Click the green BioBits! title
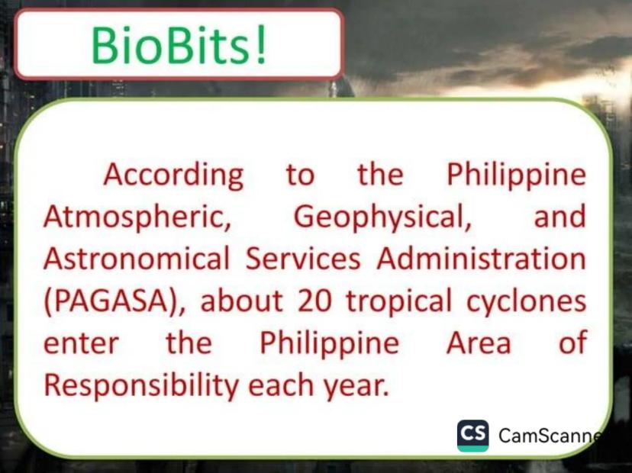click(x=179, y=43)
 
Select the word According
click(x=174, y=175)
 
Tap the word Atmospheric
click(x=137, y=218)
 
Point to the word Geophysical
click(x=382, y=218)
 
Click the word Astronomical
click(x=137, y=259)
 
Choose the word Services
click(x=303, y=259)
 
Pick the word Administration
click(x=482, y=259)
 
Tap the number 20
click(x=314, y=301)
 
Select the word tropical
click(x=399, y=302)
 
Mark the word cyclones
click(x=527, y=302)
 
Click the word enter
click(x=81, y=343)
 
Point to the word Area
click(x=479, y=343)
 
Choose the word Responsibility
click(x=141, y=385)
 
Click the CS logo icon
click(x=472, y=436)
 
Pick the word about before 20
click(x=242, y=301)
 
